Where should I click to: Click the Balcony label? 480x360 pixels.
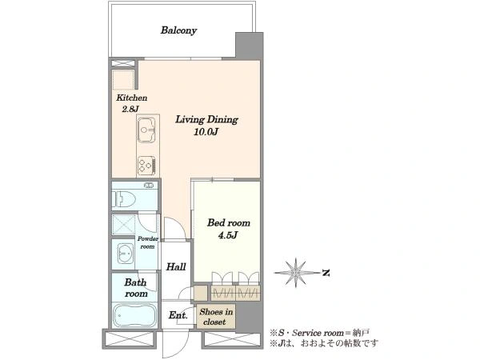pyautogui.click(x=178, y=30)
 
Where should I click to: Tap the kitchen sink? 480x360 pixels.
pyautogui.click(x=146, y=130)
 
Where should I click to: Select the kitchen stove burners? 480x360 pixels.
pyautogui.click(x=146, y=166)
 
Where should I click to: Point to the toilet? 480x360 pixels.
pyautogui.click(x=124, y=199)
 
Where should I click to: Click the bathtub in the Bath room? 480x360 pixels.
pyautogui.click(x=134, y=316)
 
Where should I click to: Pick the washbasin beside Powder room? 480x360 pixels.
pyautogui.click(x=125, y=254)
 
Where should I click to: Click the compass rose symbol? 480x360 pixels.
pyautogui.click(x=295, y=273)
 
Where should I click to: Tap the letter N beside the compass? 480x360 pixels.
pyautogui.click(x=326, y=273)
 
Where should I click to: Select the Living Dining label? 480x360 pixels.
pyautogui.click(x=206, y=119)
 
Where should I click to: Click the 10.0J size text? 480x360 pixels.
pyautogui.click(x=206, y=132)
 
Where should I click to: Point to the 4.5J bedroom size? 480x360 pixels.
pyautogui.click(x=228, y=235)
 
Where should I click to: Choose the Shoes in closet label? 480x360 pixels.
pyautogui.click(x=215, y=317)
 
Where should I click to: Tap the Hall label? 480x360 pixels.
pyautogui.click(x=176, y=267)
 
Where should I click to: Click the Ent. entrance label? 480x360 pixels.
pyautogui.click(x=178, y=315)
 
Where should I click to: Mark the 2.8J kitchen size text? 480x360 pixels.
pyautogui.click(x=130, y=109)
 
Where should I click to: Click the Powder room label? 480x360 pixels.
pyautogui.click(x=147, y=242)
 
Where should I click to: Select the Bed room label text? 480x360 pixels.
pyautogui.click(x=228, y=222)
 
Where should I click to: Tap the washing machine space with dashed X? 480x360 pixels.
pyautogui.click(x=124, y=224)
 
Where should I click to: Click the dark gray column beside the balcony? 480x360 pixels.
pyautogui.click(x=249, y=46)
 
